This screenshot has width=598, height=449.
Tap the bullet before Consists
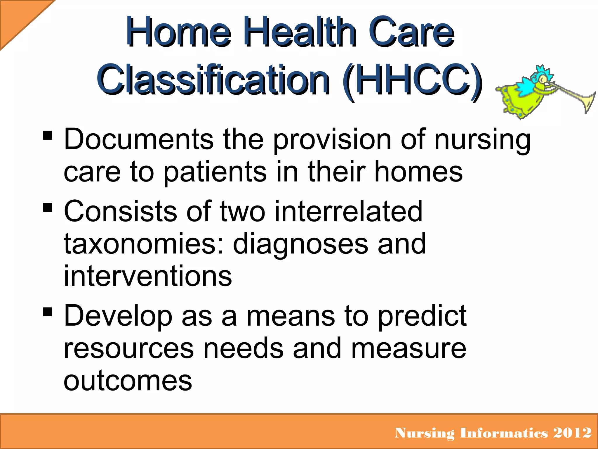coord(48,208)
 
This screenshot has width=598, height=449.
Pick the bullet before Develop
coord(48,312)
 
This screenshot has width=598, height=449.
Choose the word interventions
coord(148,276)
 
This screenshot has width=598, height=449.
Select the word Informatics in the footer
coord(504,433)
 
